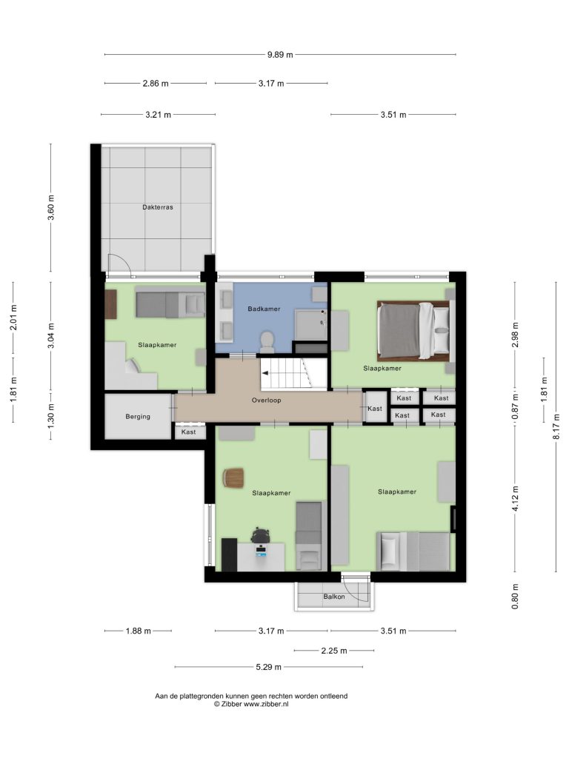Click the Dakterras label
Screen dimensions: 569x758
[158, 207]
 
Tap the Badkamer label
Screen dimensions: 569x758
[264, 309]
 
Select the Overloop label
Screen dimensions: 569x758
[266, 400]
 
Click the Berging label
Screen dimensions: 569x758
[138, 416]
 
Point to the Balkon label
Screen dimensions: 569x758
[334, 597]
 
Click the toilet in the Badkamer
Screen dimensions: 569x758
[267, 341]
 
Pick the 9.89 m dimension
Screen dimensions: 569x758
[280, 55]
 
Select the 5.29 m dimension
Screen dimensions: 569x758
[268, 667]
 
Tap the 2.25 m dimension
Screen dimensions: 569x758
[334, 651]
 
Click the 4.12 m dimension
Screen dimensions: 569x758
[515, 499]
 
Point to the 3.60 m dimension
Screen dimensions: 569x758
[51, 208]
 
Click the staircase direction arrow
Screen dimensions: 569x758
[265, 373]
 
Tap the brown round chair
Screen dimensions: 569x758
[233, 477]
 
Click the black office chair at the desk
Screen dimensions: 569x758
[260, 534]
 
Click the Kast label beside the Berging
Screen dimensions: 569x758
[188, 432]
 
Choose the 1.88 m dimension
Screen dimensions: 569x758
[138, 631]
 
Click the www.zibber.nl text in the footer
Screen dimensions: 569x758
[266, 704]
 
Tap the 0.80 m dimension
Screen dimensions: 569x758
[515, 597]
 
